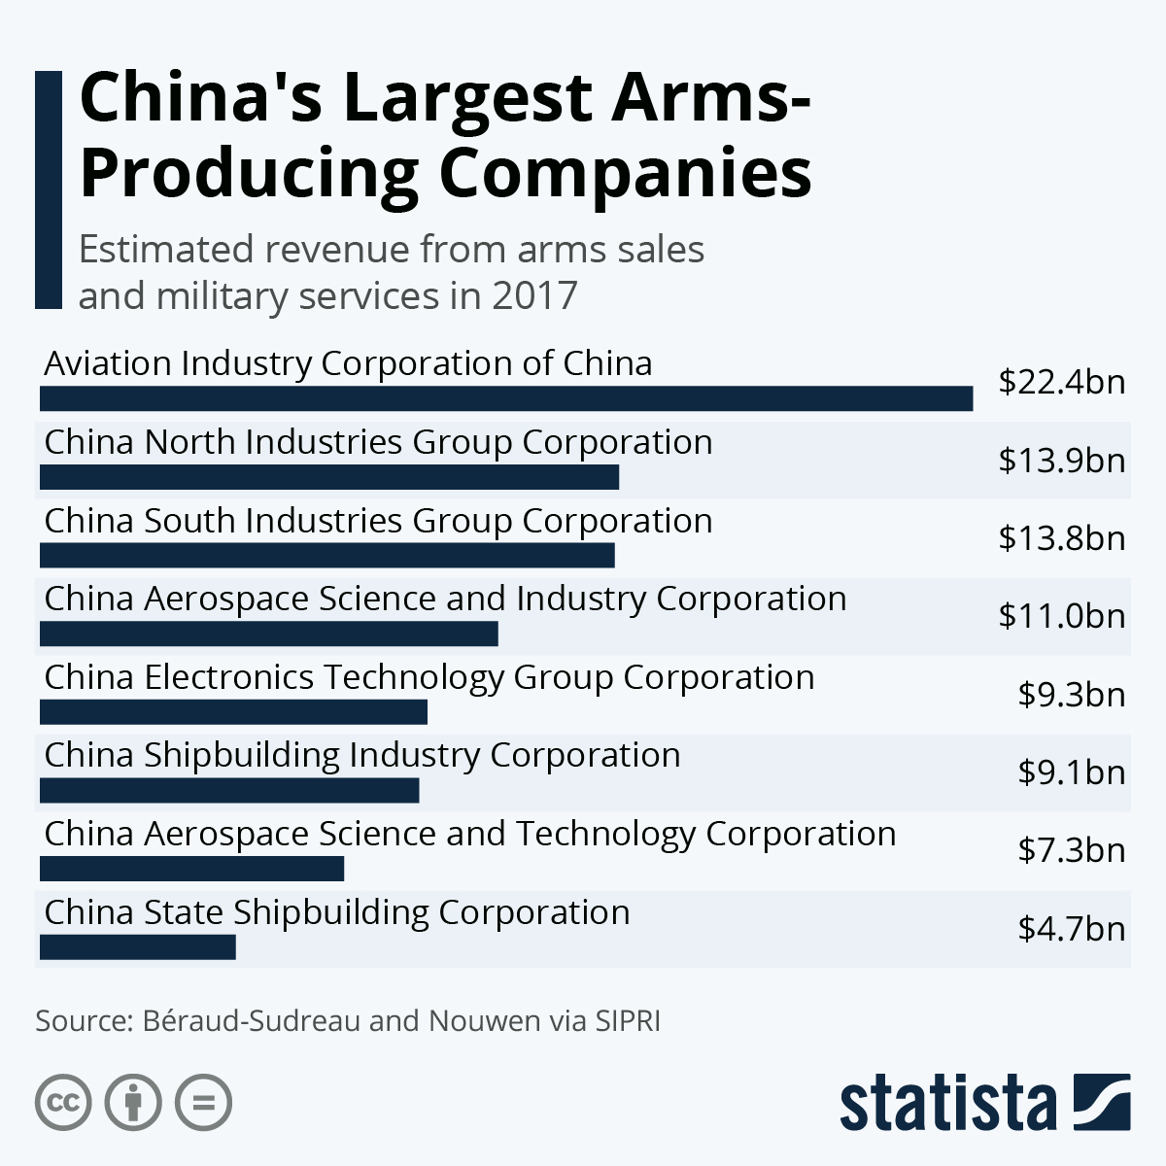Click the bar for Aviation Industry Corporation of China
(x=505, y=398)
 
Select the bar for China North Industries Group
(x=328, y=477)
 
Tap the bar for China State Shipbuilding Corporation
(x=137, y=947)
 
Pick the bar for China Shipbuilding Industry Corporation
(x=228, y=790)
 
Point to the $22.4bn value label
(x=1061, y=382)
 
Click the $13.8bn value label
(x=1061, y=538)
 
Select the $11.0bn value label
(x=1061, y=616)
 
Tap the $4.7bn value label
(x=1071, y=929)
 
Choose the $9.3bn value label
(x=1071, y=695)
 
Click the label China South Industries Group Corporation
(x=378, y=521)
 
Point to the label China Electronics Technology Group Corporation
(x=429, y=677)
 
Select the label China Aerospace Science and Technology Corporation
(x=469, y=834)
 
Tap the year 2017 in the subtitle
(x=533, y=295)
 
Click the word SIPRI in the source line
(x=628, y=1021)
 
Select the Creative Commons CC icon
(x=63, y=1103)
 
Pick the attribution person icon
(x=133, y=1103)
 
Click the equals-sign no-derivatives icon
(x=203, y=1103)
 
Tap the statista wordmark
(x=947, y=1104)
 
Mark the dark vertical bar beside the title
(x=48, y=189)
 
